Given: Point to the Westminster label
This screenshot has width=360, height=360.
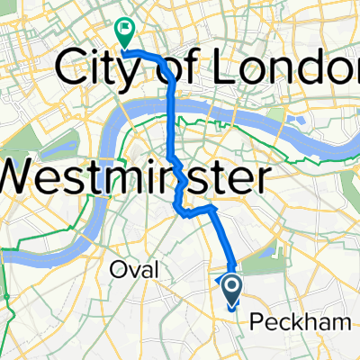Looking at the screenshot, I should (135, 175).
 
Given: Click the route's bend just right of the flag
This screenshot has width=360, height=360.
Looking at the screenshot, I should (163, 58).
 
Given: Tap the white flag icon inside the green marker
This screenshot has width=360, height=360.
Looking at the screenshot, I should (123, 31).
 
